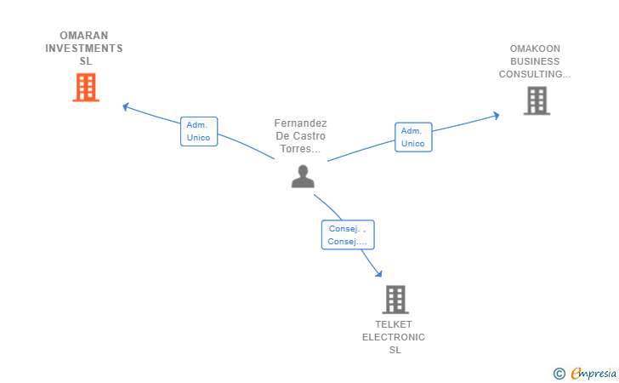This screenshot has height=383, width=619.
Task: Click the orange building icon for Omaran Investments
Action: (86, 88)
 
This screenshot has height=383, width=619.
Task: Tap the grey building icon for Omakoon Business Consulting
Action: (537, 100)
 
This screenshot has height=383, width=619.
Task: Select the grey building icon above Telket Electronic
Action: (395, 300)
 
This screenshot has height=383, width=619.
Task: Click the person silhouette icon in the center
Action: (303, 176)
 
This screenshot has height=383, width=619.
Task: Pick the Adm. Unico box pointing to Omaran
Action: (199, 131)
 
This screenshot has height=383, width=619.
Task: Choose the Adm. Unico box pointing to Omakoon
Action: (413, 137)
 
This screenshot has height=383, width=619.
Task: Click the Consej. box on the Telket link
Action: (348, 235)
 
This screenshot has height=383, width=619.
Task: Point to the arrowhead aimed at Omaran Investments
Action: (126, 106)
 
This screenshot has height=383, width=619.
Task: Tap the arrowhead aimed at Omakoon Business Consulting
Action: (497, 116)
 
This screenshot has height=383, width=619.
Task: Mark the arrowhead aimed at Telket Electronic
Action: (378, 273)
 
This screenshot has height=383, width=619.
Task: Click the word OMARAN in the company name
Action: (83, 36)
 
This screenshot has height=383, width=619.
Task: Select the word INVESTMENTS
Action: (83, 49)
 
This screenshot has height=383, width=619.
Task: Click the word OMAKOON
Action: (535, 49)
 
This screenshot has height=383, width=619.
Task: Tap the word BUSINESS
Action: (535, 61)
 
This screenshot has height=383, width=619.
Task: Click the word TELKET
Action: (394, 324)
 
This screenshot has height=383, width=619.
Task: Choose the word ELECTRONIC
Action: (394, 337)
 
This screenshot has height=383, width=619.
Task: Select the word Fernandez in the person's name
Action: (300, 123)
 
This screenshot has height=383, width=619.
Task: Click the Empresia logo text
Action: (593, 373)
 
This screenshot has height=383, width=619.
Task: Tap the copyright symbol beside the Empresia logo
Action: (559, 374)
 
